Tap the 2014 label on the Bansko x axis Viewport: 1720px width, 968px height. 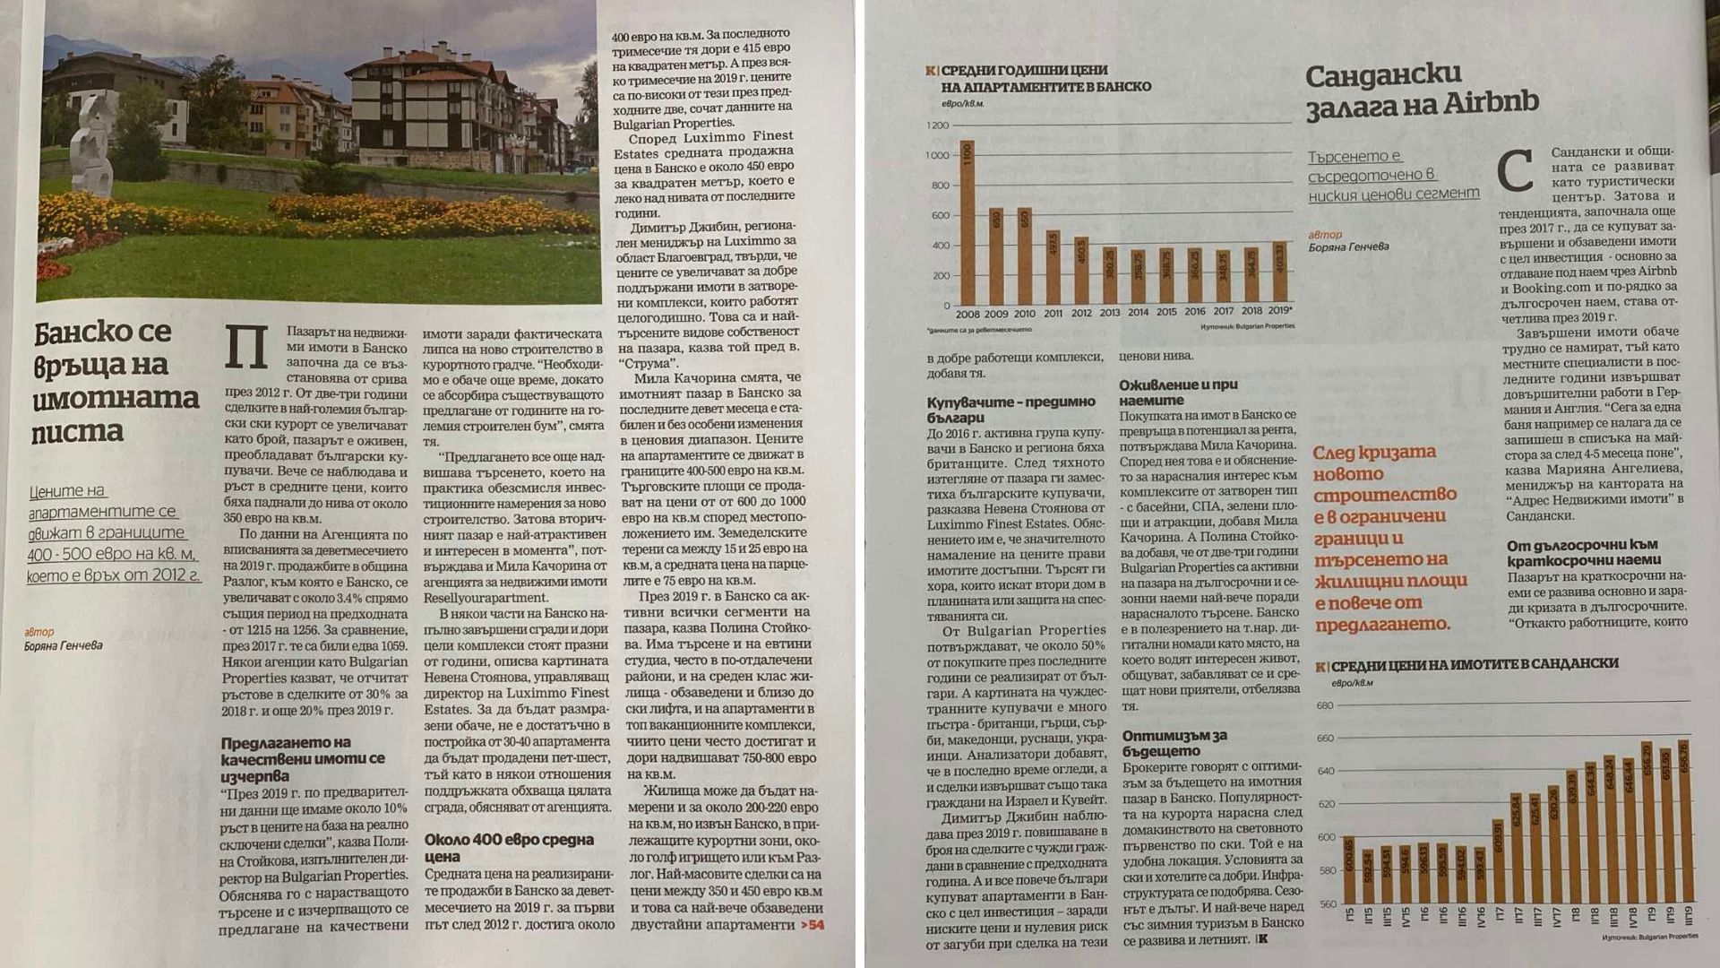tap(1138, 313)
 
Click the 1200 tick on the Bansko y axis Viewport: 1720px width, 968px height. tap(938, 125)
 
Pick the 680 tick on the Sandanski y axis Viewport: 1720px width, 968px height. tap(1325, 705)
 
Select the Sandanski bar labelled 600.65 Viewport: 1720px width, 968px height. tap(1350, 869)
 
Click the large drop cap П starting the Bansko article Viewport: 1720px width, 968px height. tap(247, 347)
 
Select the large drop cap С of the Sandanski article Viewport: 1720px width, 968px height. tap(1516, 173)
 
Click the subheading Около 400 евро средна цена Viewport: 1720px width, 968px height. tap(509, 848)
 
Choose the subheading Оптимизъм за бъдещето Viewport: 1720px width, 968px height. tap(1174, 743)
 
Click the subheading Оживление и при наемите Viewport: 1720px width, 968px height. tap(1178, 393)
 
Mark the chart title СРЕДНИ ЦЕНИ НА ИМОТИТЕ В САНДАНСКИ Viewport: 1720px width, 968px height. tap(1474, 664)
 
